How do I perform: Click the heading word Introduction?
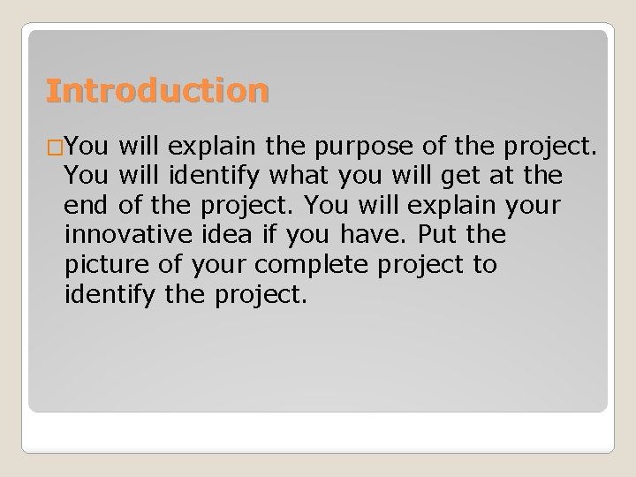point(157,91)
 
